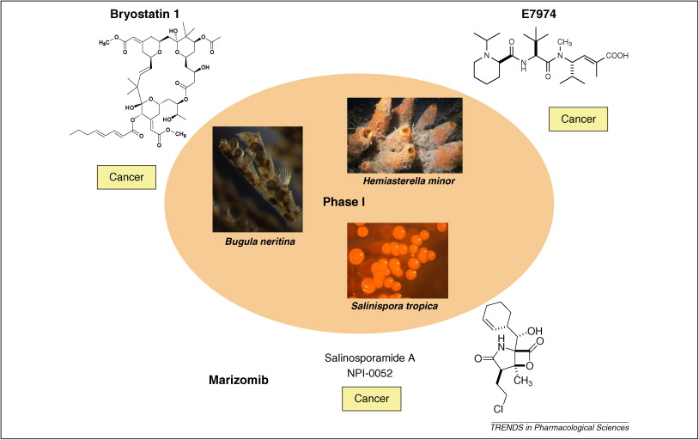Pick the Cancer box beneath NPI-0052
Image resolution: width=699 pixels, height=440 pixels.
click(x=371, y=399)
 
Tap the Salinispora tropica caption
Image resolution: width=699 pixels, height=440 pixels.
click(x=404, y=305)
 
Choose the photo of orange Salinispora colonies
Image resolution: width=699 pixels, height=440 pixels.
click(x=404, y=257)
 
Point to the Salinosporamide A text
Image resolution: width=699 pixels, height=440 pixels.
click(x=369, y=356)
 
